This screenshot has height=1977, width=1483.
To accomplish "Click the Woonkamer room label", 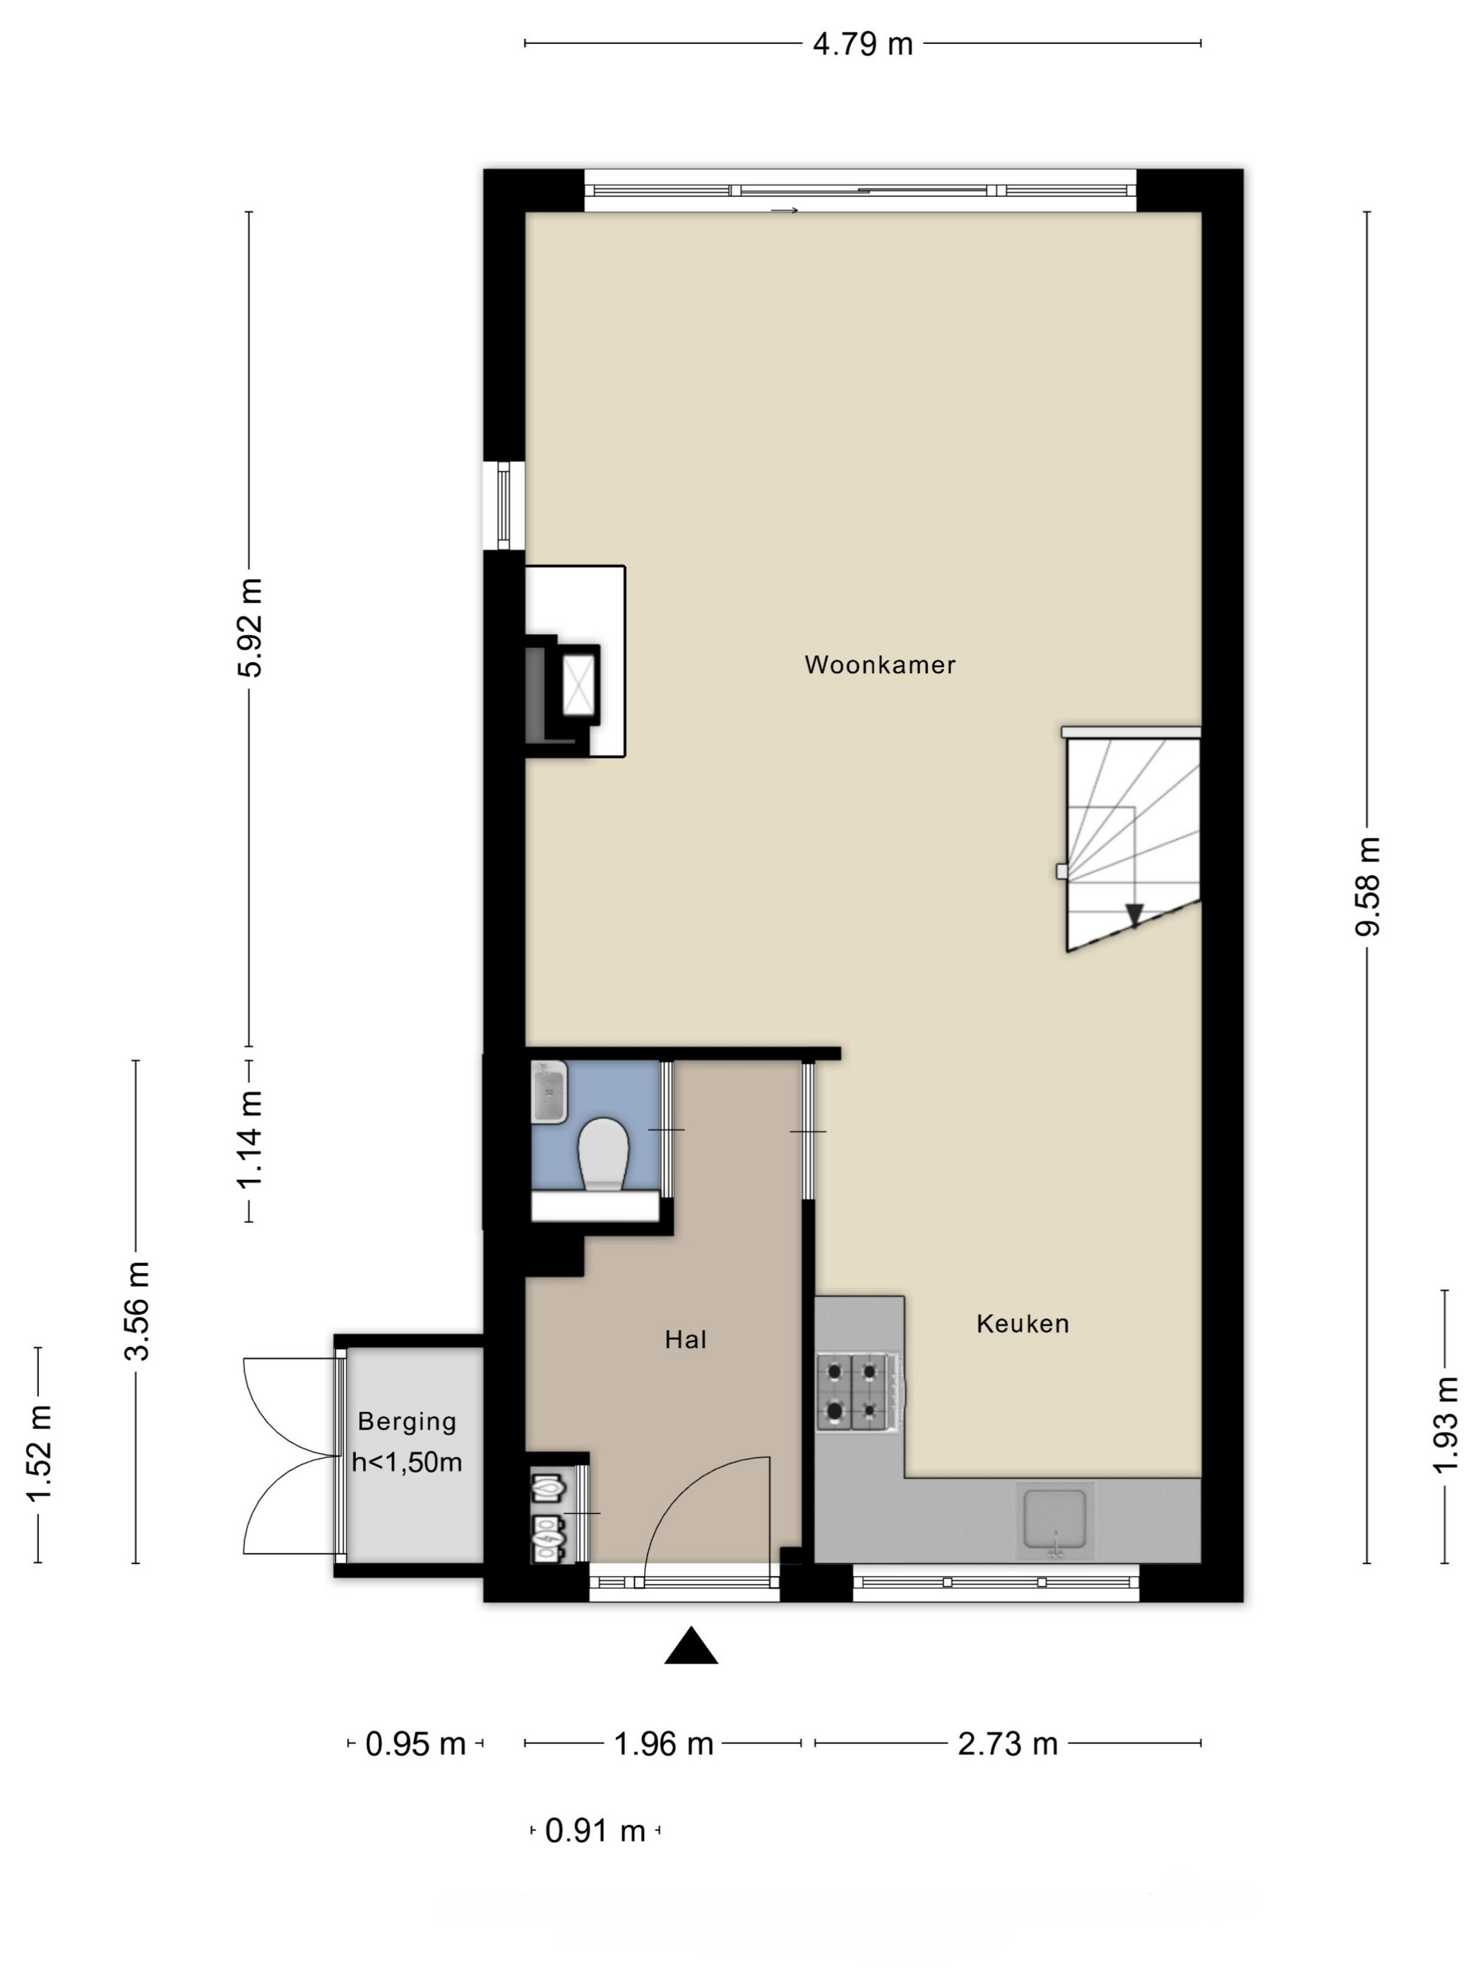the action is pyautogui.click(x=880, y=664).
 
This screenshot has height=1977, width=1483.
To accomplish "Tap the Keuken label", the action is pyautogui.click(x=1023, y=1324).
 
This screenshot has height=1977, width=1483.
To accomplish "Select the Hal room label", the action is pyautogui.click(x=686, y=1339).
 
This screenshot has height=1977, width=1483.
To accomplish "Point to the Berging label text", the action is pyautogui.click(x=407, y=1421).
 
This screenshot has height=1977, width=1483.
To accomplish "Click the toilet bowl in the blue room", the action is pyautogui.click(x=603, y=1154).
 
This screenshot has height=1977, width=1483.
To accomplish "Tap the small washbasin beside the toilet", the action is pyautogui.click(x=549, y=1092).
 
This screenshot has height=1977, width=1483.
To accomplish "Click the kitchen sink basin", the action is pyautogui.click(x=1055, y=1517).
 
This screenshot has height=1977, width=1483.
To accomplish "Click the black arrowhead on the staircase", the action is pyautogui.click(x=1134, y=914).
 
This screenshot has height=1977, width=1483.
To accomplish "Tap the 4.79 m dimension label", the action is pyautogui.click(x=863, y=44).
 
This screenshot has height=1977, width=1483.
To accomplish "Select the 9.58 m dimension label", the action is pyautogui.click(x=1369, y=885).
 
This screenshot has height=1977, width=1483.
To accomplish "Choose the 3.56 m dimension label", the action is pyautogui.click(x=138, y=1310).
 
